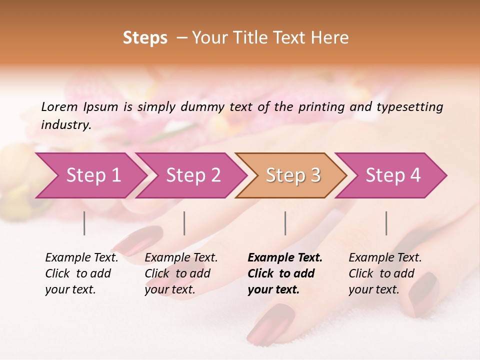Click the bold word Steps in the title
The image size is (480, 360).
click(x=145, y=38)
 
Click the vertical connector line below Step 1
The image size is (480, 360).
click(x=84, y=223)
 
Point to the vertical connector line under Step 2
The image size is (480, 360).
click(x=184, y=223)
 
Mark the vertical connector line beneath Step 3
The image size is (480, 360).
click(x=285, y=223)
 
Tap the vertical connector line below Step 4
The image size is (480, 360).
click(x=386, y=223)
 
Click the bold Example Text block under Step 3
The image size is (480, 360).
click(x=285, y=273)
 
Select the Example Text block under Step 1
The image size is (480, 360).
click(x=81, y=273)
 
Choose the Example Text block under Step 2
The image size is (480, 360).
click(x=181, y=273)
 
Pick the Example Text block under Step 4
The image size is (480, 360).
click(x=385, y=273)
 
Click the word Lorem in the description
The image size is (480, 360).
click(x=59, y=106)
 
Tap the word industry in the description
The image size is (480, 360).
click(x=65, y=124)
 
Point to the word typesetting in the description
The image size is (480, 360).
click(x=409, y=107)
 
